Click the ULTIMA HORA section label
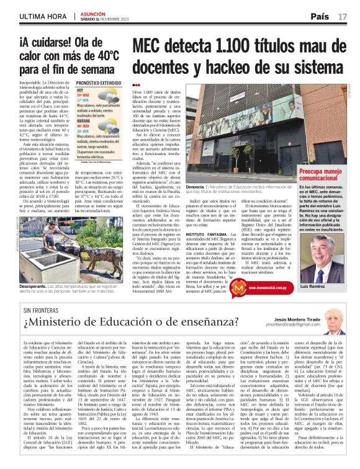click(x=42, y=16)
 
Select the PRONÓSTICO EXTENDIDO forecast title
click(x=98, y=83)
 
